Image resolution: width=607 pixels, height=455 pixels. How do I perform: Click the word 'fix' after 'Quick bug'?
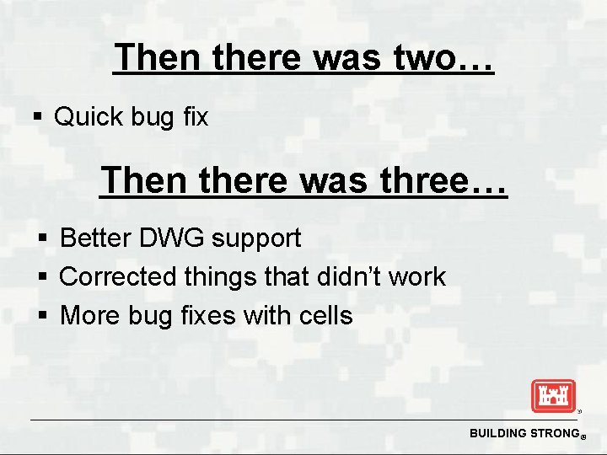[x=195, y=117]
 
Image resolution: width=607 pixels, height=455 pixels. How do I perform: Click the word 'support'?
[x=256, y=239]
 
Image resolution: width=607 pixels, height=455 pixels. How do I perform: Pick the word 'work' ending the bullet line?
[x=422, y=276]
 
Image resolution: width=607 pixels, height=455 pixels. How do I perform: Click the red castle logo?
[x=552, y=396]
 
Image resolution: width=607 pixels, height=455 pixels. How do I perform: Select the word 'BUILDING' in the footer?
[x=497, y=433]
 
